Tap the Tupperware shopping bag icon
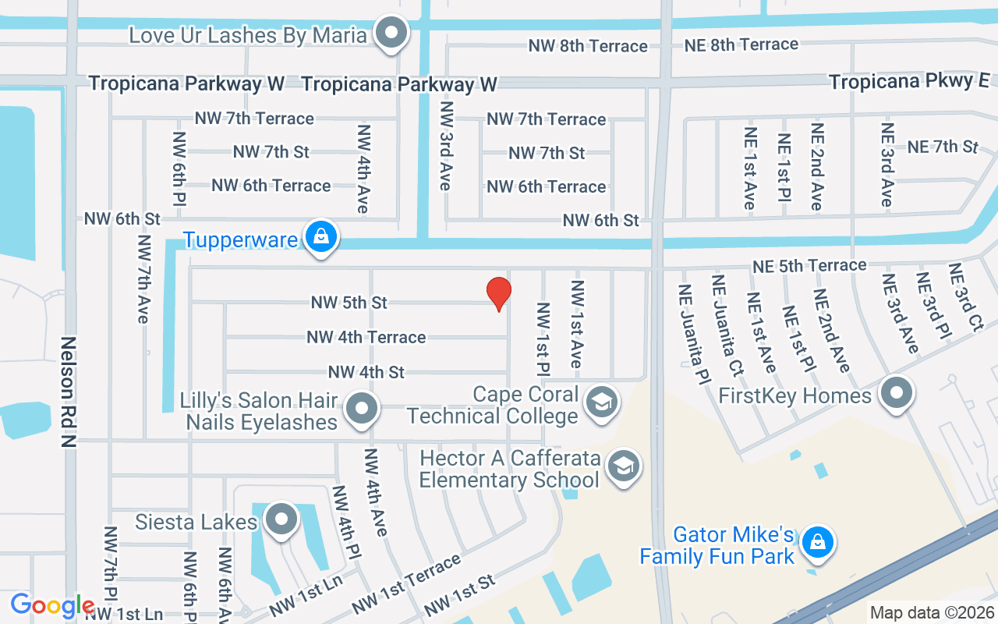click(x=320, y=236)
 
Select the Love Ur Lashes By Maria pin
click(x=391, y=34)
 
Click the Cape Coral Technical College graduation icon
click(x=601, y=403)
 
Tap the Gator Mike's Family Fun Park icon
click(x=818, y=542)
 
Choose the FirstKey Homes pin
click(x=897, y=394)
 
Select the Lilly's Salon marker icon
click(x=362, y=408)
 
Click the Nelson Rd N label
click(x=69, y=392)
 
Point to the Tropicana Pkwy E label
click(x=908, y=81)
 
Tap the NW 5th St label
click(x=349, y=302)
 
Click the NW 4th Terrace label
click(x=366, y=337)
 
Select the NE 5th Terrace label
click(x=809, y=266)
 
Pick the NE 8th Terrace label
click(x=741, y=44)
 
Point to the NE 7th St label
click(x=943, y=146)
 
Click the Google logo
click(x=53, y=605)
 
